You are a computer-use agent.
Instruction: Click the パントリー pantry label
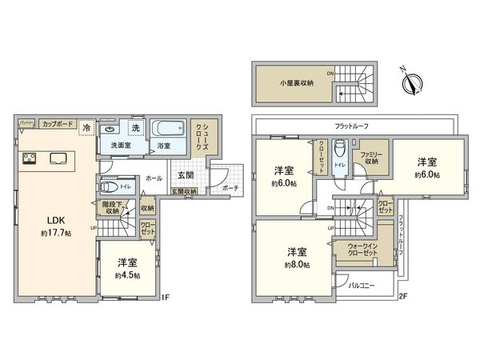[26, 124]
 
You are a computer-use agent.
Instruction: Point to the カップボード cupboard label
[56, 125]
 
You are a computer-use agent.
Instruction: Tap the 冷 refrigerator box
[86, 128]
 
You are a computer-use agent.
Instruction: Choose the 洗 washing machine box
[136, 129]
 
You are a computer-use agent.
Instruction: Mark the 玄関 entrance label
[184, 174]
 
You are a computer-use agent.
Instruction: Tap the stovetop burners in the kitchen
[30, 156]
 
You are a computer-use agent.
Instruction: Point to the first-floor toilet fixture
[110, 187]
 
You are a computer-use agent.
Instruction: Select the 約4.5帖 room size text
[126, 275]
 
